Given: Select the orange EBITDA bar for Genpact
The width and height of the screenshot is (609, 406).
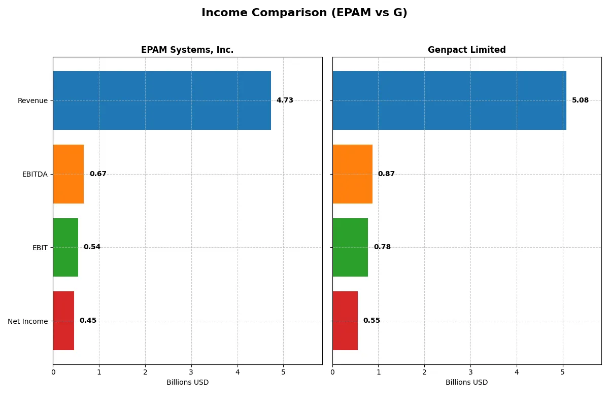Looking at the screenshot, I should (x=352, y=174).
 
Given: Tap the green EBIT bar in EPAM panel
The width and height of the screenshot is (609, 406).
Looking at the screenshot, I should (x=65, y=247).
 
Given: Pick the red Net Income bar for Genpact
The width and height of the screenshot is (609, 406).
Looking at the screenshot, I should (x=345, y=321).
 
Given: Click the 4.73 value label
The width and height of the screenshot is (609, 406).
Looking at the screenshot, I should (x=285, y=100).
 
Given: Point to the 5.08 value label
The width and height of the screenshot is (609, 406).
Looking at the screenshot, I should (x=580, y=100).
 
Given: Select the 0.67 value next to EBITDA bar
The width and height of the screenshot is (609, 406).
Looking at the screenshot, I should (x=98, y=174).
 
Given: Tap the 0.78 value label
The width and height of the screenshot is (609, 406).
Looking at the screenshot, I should (x=382, y=247).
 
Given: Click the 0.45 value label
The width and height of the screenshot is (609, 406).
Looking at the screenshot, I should (x=88, y=321).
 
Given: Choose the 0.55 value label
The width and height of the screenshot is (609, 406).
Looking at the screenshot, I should (x=371, y=321).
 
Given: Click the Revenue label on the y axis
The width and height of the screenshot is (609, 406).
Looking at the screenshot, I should (x=32, y=100).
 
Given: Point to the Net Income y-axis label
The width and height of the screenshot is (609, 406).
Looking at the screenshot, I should (x=28, y=321).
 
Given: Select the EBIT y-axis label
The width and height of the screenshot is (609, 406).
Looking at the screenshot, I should (x=40, y=248).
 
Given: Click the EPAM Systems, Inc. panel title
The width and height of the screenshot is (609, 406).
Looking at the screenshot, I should (x=187, y=50).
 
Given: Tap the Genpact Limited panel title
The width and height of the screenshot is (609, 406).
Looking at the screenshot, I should (x=466, y=50).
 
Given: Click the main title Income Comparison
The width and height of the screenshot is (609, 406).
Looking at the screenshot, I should (x=304, y=13).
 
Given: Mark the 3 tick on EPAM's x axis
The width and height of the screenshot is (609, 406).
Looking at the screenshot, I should (x=191, y=372).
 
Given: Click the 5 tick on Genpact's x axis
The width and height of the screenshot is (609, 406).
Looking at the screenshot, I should (x=562, y=372).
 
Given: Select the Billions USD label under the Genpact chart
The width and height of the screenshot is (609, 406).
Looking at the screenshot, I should (x=466, y=383).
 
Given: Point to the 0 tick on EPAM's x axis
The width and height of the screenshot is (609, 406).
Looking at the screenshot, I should (x=53, y=372).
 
